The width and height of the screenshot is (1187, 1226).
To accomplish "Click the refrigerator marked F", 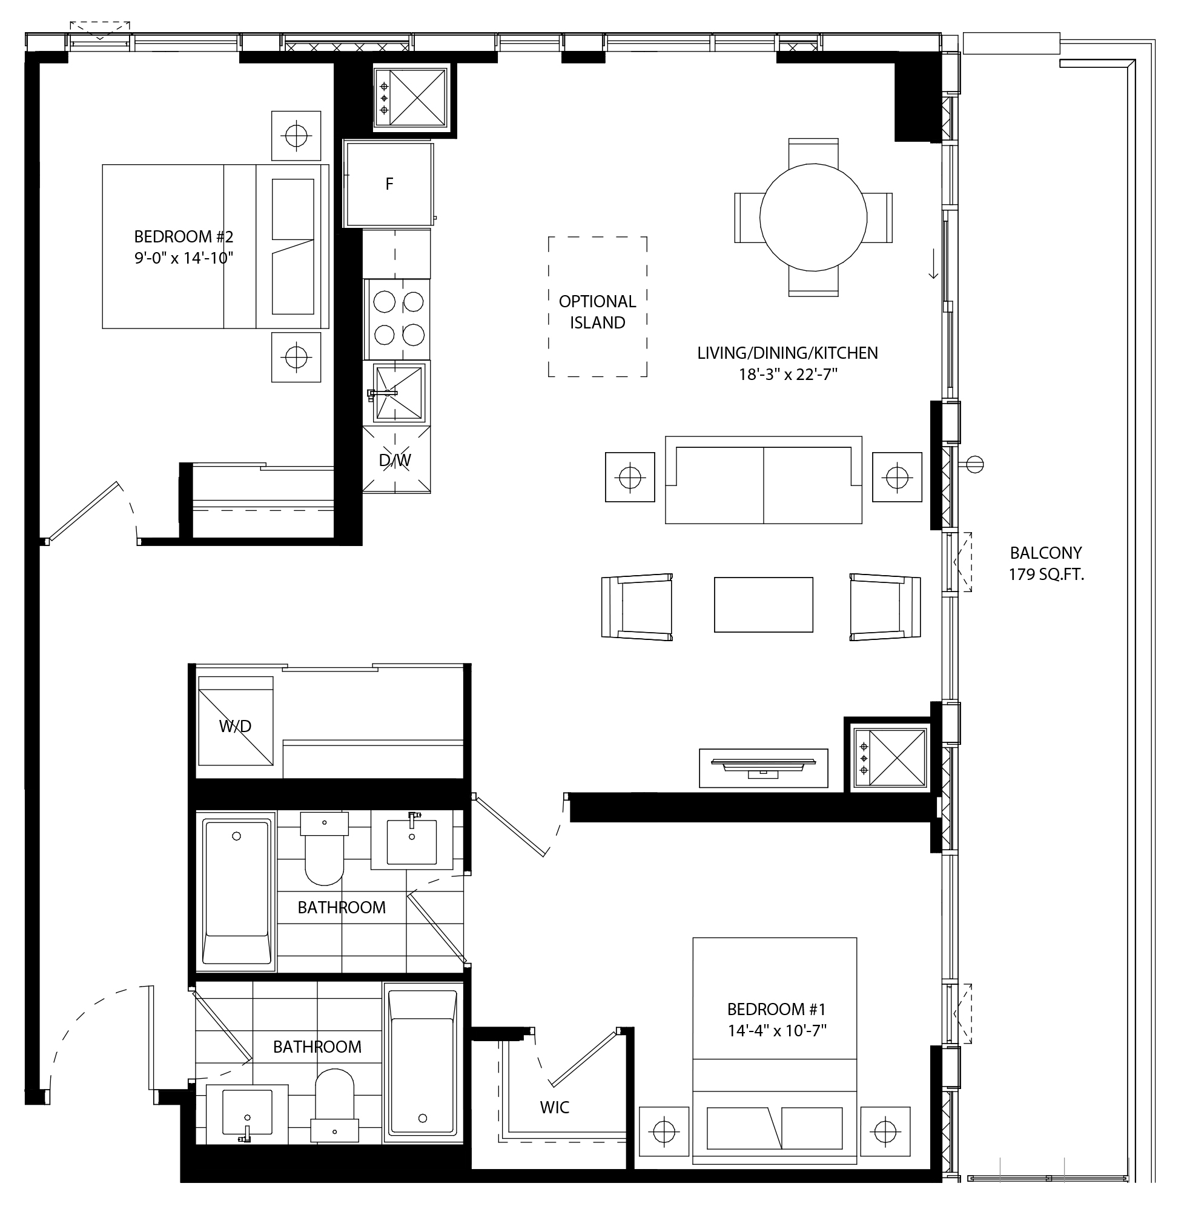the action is click(x=389, y=184).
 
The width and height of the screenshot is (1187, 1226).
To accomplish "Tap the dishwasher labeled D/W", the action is click(x=396, y=461).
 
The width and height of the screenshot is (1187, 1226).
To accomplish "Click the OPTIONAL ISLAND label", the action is click(x=598, y=312).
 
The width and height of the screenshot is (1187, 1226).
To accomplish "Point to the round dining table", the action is click(x=813, y=218).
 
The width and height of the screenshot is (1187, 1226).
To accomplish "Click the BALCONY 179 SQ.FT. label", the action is click(x=1046, y=564).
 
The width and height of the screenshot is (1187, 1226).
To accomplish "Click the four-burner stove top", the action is click(x=397, y=318).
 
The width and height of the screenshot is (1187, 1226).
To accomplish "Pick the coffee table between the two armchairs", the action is click(x=763, y=604).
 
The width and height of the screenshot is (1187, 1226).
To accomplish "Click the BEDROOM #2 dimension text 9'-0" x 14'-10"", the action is click(x=184, y=258).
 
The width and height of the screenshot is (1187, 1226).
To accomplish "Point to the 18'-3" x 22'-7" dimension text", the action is click(x=787, y=375).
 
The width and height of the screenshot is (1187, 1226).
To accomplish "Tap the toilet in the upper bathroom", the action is click(x=325, y=848).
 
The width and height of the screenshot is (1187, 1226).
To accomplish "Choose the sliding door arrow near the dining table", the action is click(x=933, y=264).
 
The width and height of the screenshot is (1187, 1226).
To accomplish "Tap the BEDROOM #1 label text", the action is click(x=776, y=1009).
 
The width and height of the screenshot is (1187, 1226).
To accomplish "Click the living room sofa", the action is click(x=763, y=480).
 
